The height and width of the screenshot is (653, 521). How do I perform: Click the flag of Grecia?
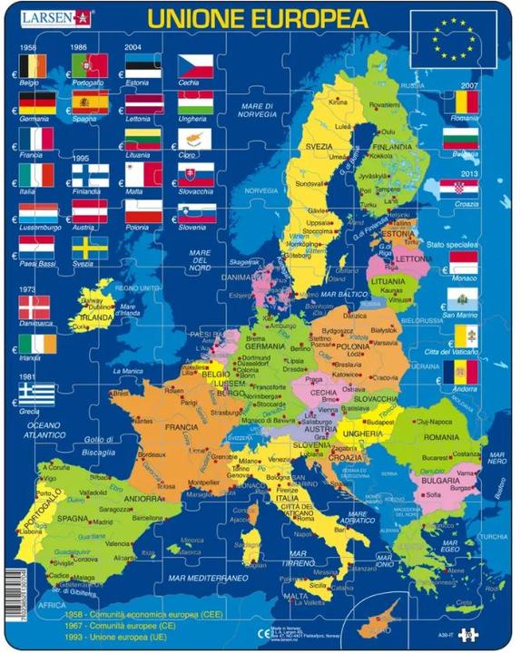(37, 392)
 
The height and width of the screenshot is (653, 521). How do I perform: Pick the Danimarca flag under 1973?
(37, 307)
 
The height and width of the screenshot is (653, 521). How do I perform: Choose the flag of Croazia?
(460, 189)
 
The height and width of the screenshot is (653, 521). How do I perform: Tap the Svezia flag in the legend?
(90, 248)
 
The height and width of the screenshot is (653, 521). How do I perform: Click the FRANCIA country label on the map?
(182, 426)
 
